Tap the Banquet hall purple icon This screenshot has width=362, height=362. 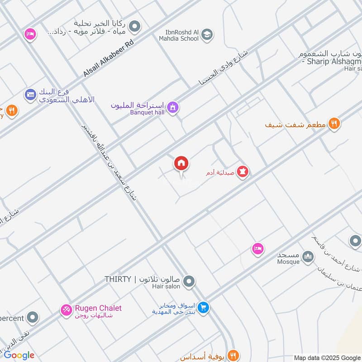172,108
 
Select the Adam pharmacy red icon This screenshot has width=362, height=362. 243,172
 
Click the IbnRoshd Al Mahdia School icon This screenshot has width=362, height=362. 207,34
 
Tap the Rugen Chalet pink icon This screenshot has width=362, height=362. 67,310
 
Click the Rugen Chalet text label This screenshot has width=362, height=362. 98,309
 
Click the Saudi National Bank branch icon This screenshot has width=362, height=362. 31,95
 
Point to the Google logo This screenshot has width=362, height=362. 19,355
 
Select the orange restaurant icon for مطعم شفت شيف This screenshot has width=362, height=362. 334,123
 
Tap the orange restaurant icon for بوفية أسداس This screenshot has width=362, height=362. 233,355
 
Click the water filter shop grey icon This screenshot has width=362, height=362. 134,27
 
